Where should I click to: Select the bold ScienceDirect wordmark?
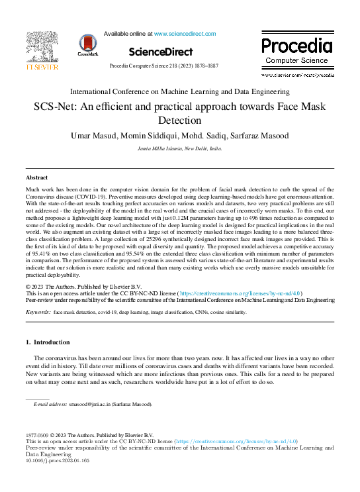tap(161, 52)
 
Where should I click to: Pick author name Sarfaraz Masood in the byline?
tap(261, 136)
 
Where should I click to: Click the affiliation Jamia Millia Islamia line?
tap(180, 150)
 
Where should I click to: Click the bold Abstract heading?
tap(36, 178)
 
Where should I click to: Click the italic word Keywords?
tap(38, 311)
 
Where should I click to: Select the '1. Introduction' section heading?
tap(47, 342)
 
